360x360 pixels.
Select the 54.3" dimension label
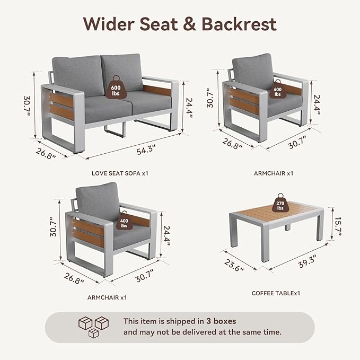(146, 150)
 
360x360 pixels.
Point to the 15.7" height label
(338, 226)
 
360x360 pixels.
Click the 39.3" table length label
(308, 261)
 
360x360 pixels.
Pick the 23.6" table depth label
(234, 265)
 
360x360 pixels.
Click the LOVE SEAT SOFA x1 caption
(120, 173)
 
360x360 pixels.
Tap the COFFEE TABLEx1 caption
(276, 293)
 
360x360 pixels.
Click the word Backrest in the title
(239, 24)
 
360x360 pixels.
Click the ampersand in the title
(189, 24)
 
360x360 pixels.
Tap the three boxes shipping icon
(93, 327)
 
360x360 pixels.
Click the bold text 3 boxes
(221, 321)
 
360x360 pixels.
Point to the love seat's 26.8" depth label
(46, 154)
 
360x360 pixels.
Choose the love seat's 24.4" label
(189, 108)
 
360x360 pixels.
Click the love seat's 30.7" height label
(28, 106)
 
